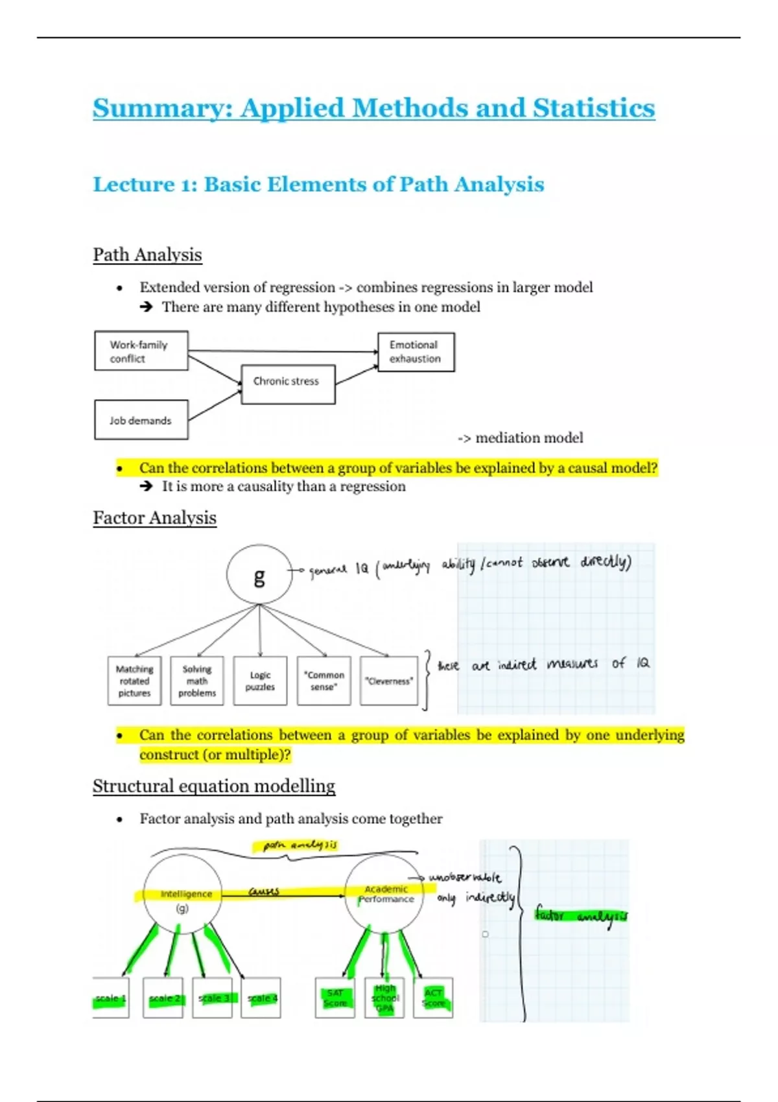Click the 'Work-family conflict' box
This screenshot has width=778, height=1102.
point(141,351)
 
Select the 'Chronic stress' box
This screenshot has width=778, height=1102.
point(288,384)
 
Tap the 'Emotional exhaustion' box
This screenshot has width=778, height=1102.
point(416,352)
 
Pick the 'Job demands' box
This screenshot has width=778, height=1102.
point(141,420)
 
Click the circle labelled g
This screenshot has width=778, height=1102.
point(259,575)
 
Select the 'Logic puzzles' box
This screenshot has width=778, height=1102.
point(260,681)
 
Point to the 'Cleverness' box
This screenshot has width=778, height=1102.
point(389,681)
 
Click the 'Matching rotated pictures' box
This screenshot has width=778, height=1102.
point(135,681)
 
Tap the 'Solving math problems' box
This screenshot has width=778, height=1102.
point(197,681)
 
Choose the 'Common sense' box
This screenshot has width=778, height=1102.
point(324,681)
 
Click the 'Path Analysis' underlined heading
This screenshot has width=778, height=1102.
point(147,255)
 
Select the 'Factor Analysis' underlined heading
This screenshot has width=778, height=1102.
point(154,518)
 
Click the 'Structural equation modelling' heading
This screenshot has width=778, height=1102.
point(214,786)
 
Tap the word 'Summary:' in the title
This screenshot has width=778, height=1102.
point(163,108)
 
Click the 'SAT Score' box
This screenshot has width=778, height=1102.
point(335,998)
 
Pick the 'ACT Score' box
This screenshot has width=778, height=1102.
point(433,998)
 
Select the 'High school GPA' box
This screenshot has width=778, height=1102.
point(384,998)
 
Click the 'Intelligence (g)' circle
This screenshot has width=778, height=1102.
point(183,895)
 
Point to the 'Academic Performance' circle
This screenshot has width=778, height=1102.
point(384,895)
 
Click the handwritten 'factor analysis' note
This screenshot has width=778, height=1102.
point(581,916)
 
